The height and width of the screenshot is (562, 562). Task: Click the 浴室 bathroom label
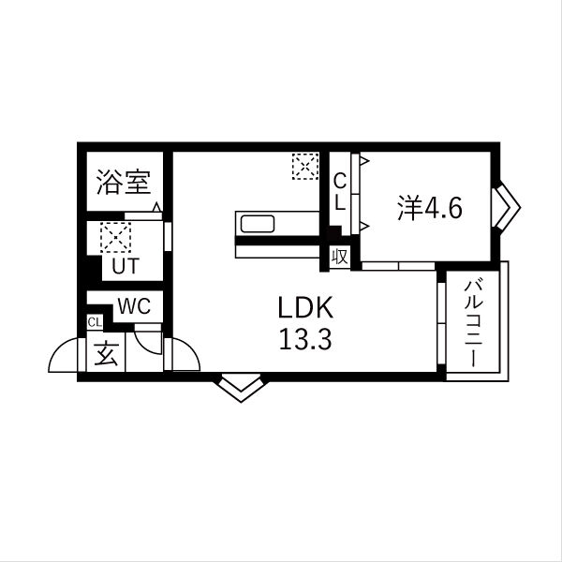pos(123,182)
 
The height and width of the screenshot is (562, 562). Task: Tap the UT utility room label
pos(125,265)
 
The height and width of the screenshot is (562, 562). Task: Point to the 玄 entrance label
pos(105,355)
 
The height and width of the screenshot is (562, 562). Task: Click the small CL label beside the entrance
pos(94,323)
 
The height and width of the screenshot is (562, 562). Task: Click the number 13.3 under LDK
pos(304,340)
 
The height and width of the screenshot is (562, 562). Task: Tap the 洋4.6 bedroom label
pos(429,207)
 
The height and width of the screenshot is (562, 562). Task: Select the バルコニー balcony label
pos(475,322)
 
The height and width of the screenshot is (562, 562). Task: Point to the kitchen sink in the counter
pos(257,225)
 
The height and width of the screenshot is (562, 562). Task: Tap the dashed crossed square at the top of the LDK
pos(304,167)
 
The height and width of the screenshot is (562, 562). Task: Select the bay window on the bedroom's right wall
pos(507,206)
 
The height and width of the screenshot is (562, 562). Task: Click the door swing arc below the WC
pos(148,339)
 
